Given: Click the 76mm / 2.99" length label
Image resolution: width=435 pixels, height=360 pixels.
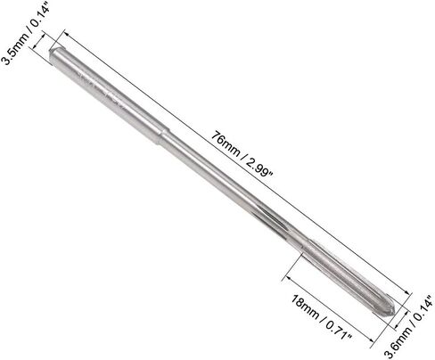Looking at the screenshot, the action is [242, 154].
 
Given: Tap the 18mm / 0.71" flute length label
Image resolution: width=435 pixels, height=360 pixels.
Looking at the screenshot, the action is [321, 317].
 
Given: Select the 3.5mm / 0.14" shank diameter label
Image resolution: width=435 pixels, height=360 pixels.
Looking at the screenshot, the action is [25, 35].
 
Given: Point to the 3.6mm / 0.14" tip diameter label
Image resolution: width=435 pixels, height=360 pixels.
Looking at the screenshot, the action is [408, 327].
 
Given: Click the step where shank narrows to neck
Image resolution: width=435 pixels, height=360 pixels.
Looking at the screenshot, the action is [164, 136].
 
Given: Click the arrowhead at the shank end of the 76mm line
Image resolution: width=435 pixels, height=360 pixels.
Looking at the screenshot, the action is [67, 33].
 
